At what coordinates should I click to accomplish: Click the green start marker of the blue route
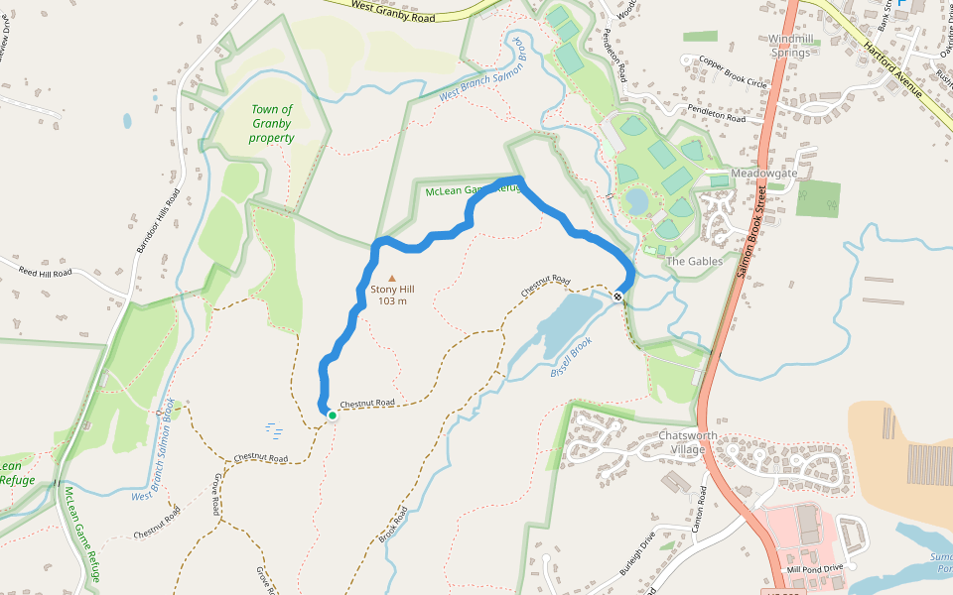[332, 416]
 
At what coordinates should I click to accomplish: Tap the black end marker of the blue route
[617, 297]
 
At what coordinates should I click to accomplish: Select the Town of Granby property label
[271, 123]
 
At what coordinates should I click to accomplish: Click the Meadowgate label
[764, 173]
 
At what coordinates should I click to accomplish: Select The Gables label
[690, 261]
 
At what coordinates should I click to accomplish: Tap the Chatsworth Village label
[682, 442]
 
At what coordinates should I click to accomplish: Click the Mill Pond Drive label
[814, 568]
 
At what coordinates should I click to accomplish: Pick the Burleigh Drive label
[636, 556]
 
